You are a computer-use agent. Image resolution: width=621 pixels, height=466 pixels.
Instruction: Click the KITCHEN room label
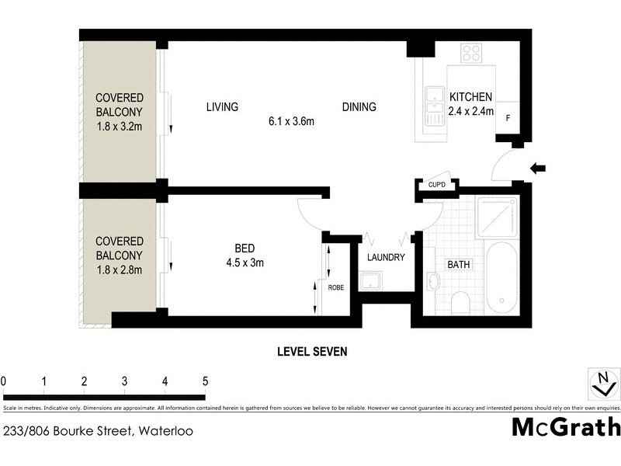471,97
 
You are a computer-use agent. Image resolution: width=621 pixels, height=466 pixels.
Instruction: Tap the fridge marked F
508,118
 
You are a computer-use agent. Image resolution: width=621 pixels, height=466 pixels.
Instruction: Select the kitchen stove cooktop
471,53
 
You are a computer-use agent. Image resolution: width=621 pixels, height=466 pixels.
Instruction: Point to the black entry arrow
537,167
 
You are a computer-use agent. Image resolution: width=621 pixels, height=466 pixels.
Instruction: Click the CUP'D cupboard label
432,186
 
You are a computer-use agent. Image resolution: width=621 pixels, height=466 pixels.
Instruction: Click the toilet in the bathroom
460,301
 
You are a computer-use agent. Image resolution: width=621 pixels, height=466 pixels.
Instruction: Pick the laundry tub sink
370,280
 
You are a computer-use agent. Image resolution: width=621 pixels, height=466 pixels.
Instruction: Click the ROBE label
336,287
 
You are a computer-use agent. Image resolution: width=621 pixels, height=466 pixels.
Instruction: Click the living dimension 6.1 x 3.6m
290,121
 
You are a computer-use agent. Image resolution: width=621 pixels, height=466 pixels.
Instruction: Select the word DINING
359,107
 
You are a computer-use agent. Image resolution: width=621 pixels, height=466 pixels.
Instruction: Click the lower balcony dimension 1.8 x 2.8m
119,270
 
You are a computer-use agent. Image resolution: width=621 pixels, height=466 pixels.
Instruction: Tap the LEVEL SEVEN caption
312,351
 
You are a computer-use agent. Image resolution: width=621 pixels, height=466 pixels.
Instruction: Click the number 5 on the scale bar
205,381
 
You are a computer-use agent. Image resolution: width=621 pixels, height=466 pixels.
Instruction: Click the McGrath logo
565,427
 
